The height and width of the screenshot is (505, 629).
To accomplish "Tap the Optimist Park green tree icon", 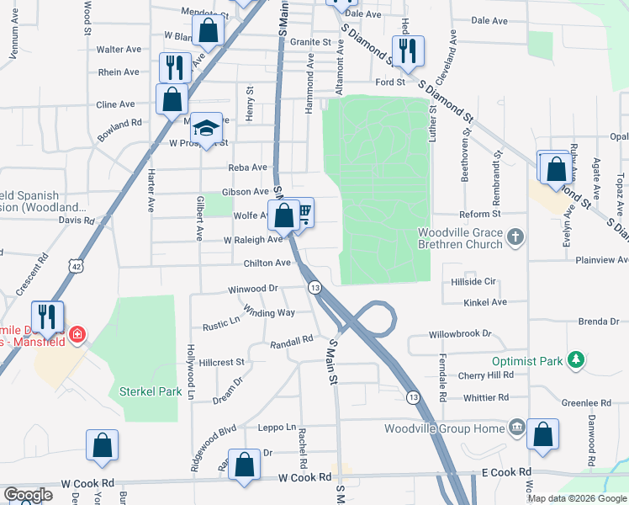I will point(575,361).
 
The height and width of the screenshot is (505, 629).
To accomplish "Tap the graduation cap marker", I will point(205,129).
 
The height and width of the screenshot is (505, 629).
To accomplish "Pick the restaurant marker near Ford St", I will point(408,50).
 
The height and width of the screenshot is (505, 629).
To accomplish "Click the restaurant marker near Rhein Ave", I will point(176,67).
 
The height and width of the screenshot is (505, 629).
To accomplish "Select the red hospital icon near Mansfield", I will point(77,334).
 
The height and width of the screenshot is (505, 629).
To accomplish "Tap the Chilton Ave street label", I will point(269,263).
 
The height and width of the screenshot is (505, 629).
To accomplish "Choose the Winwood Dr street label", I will point(252,289).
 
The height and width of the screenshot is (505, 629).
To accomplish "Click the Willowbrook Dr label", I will point(460,334).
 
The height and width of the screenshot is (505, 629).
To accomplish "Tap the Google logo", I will point(29,494).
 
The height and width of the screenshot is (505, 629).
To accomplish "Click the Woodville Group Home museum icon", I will point(516,428).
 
